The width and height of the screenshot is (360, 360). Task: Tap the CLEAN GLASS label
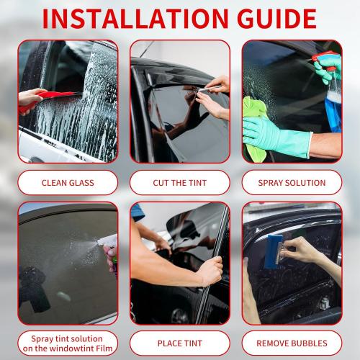(x=68, y=183)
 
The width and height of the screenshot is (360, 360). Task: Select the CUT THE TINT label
(x=180, y=183)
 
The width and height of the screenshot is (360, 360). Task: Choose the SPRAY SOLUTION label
(x=292, y=183)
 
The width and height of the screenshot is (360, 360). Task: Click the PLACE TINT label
(x=180, y=343)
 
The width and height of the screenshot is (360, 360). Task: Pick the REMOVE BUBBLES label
(x=292, y=343)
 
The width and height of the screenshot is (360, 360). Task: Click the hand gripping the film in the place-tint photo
(x=209, y=270)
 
